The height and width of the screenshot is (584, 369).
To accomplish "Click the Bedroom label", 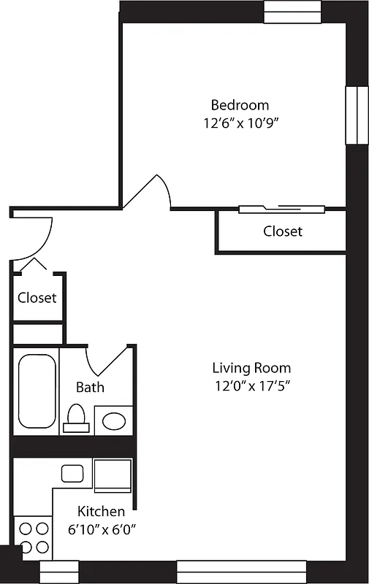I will (x=240, y=104).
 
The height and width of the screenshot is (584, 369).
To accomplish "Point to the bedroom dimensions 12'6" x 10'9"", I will (x=241, y=123).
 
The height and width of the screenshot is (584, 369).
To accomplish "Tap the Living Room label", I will (x=251, y=368).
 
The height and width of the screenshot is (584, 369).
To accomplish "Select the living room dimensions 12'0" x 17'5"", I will (x=251, y=387).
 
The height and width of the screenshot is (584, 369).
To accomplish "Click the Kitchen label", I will (x=101, y=512).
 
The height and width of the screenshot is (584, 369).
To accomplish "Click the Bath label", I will (x=90, y=387).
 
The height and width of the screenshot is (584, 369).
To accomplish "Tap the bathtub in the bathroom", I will (x=37, y=393).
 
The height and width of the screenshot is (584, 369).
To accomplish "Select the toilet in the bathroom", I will (x=76, y=417).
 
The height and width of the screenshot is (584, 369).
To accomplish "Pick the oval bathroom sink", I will (x=113, y=421).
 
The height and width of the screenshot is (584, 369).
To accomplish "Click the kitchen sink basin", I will (x=72, y=473).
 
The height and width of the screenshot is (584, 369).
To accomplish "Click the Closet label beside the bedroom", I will (x=283, y=231).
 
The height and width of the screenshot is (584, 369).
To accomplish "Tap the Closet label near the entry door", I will (x=37, y=298).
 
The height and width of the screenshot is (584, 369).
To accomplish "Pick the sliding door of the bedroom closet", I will (x=281, y=210).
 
